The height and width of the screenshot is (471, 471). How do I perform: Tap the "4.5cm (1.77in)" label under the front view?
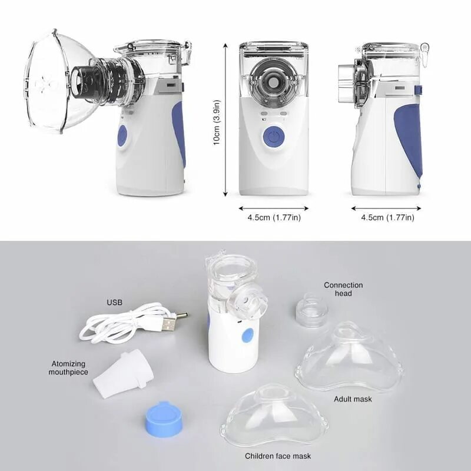click(x=274, y=218)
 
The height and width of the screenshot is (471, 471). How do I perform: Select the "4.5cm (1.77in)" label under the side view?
click(x=387, y=218)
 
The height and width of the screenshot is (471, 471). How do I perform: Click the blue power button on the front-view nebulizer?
click(x=274, y=137)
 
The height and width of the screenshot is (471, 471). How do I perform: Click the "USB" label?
click(x=115, y=303)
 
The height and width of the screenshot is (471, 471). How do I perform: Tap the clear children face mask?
click(x=274, y=415)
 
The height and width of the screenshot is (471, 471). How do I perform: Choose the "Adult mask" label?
click(x=353, y=399)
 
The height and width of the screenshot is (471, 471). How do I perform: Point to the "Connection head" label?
click(x=343, y=289)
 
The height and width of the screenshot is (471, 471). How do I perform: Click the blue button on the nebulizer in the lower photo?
click(x=248, y=336)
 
